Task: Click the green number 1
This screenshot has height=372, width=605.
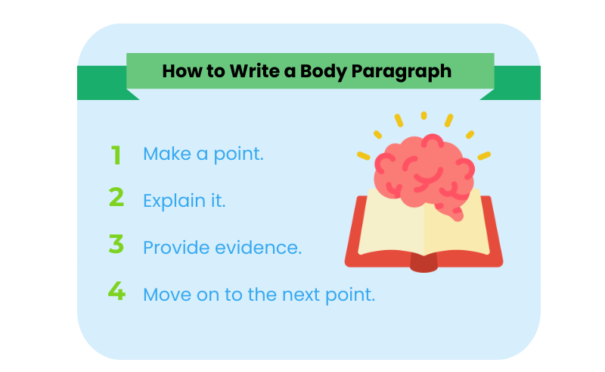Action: pos(116,155)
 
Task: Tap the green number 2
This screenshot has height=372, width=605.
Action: pos(116,199)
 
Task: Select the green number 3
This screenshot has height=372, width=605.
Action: pos(116,245)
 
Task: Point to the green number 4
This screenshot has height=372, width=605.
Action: pos(116,291)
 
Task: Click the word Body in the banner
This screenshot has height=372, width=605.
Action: pos(320,71)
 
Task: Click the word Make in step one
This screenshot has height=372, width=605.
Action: pos(166,155)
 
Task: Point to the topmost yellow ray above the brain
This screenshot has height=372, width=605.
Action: pos(424,116)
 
